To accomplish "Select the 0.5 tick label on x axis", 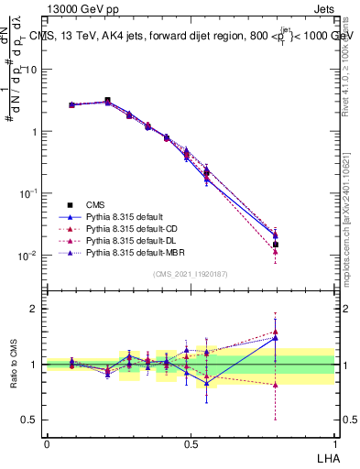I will tap(191, 442).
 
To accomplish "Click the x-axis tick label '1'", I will tap(334, 442).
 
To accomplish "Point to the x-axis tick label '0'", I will tap(47, 442).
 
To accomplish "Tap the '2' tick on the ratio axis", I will tap(34, 309).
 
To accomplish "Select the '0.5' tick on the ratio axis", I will tap(30, 420).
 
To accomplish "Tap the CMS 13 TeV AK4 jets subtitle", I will tap(191, 38).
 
